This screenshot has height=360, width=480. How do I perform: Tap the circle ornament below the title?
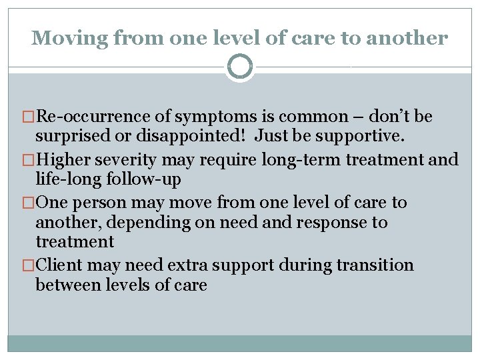coord(240,67)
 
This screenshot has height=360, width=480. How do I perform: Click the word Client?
coord(59,265)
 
